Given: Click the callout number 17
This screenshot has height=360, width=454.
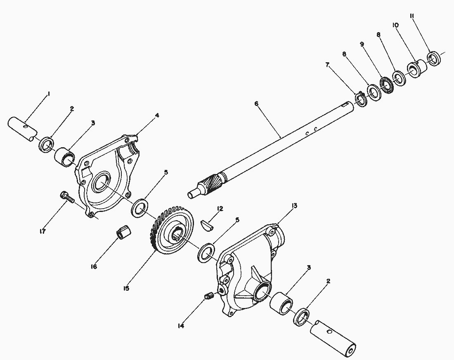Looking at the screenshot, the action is point(43,231).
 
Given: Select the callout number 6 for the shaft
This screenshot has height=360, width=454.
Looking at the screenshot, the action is point(256,104).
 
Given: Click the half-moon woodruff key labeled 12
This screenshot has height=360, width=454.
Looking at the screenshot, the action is point(207,225).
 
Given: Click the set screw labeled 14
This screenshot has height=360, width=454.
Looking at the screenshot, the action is point(209,296).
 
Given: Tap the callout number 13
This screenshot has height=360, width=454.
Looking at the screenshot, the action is point(294,206).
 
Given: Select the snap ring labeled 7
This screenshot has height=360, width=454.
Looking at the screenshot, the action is point(361,99).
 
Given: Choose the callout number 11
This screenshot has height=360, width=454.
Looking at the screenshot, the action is point(412,16).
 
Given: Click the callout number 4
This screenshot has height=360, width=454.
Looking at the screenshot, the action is point(157,115).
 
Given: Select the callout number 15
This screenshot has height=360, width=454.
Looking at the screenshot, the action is point(126,289).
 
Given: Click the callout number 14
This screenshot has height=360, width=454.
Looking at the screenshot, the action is point(181,326).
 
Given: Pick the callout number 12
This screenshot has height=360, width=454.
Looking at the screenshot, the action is point(220,209).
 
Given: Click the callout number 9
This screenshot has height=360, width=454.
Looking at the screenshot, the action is point(362,44).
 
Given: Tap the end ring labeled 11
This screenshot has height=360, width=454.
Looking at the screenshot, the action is point(434,58).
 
